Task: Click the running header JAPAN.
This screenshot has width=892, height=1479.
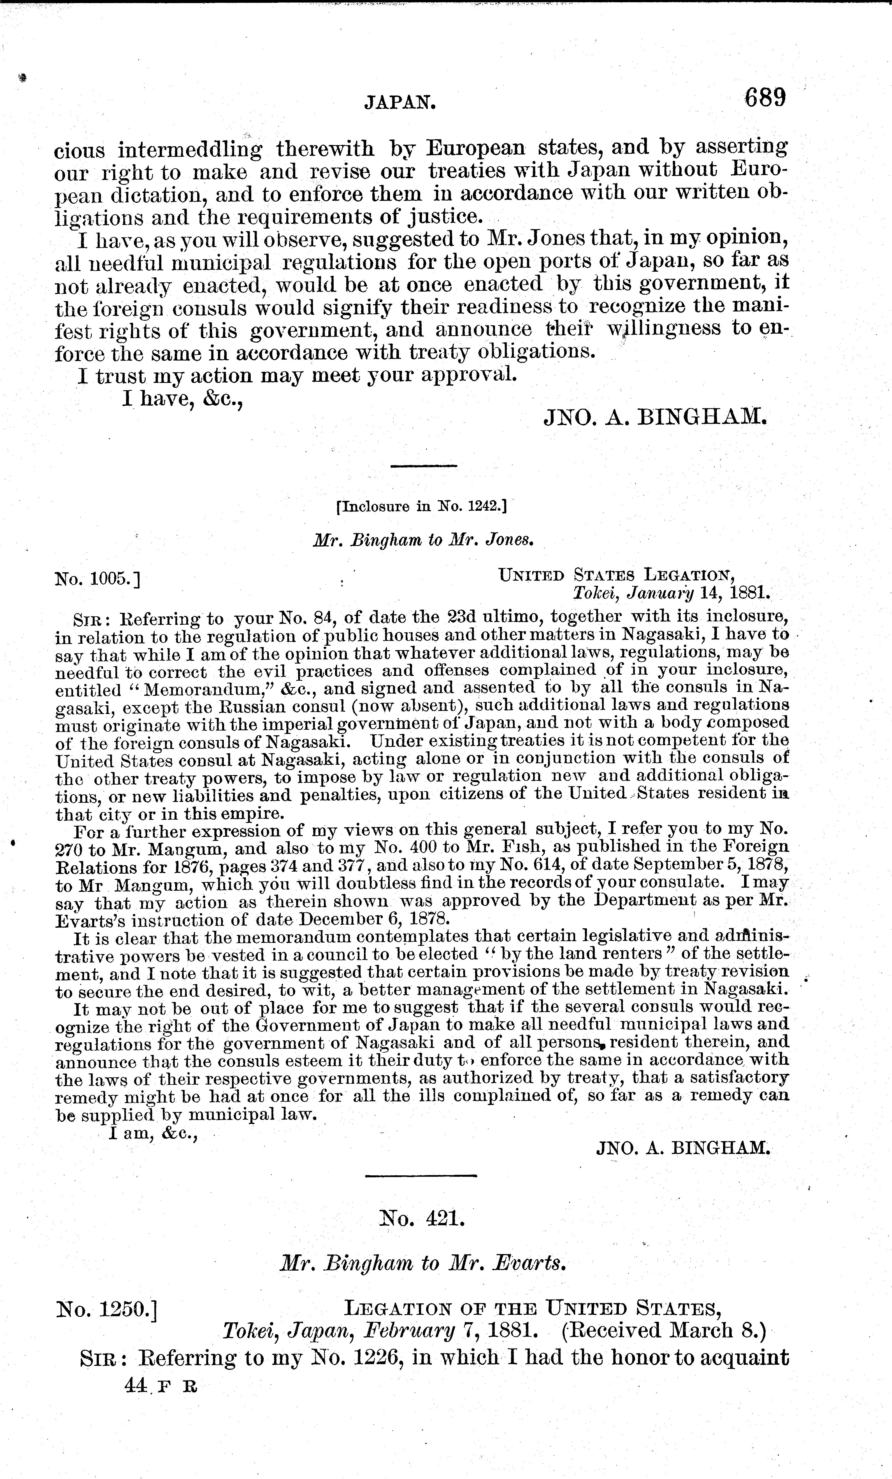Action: click(400, 104)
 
